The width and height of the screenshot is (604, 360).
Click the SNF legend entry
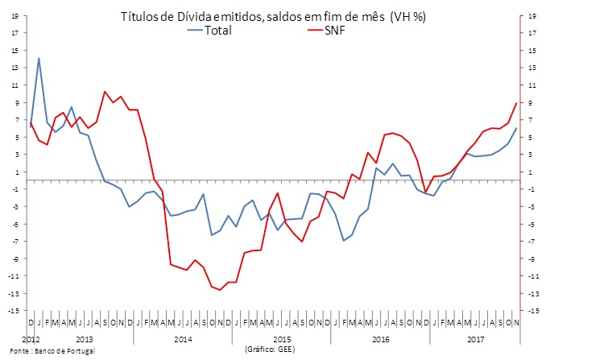(x=329, y=31)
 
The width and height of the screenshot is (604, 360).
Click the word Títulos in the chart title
(x=140, y=16)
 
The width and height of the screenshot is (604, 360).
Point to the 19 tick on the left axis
(x=14, y=16)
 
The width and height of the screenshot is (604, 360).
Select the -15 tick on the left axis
(x=14, y=310)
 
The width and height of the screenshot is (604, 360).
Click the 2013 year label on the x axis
(x=85, y=340)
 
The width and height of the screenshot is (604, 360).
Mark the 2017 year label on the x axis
(x=476, y=340)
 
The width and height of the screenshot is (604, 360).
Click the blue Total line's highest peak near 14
(x=39, y=58)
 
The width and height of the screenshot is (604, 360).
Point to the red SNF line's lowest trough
(x=220, y=290)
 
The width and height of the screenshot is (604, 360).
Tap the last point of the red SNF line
(x=516, y=103)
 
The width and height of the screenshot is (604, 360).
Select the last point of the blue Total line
(x=516, y=128)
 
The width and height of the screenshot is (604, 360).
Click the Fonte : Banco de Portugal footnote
(x=48, y=352)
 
